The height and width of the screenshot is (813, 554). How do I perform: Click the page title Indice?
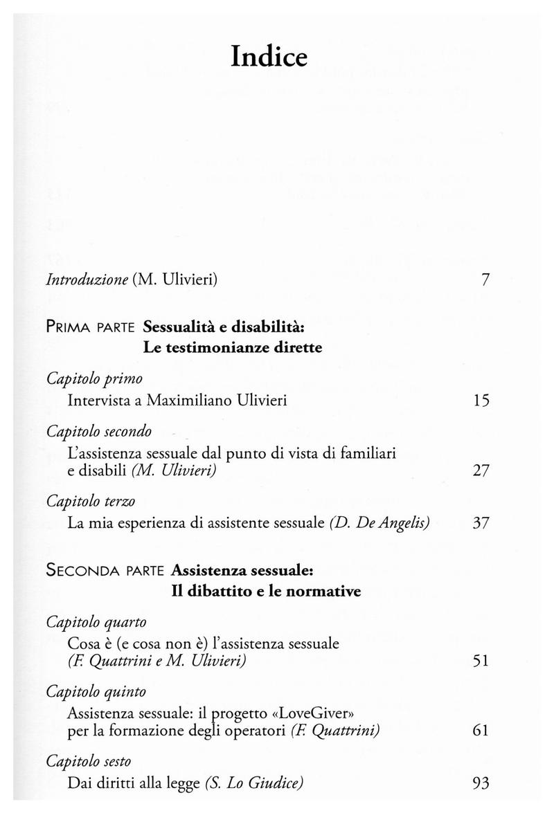pos(269,57)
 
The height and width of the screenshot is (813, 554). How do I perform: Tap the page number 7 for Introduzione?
pos(485,280)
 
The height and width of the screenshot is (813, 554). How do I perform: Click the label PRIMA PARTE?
pos(91,325)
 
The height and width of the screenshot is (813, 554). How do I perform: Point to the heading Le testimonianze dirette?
pos(233,347)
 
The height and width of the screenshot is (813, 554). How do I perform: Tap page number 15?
pos(481,400)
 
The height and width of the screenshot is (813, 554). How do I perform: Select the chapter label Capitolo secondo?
pos(100,432)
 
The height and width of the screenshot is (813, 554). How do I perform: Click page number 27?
pos(481,471)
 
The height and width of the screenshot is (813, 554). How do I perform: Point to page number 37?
pos(481,524)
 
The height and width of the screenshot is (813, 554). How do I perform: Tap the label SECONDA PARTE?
pos(104,571)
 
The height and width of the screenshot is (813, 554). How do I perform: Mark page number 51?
pos(481,661)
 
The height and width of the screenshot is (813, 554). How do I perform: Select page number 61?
pos(481,731)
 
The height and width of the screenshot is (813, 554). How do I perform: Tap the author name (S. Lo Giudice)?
pos(256,783)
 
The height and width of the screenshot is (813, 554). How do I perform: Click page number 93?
pos(481,783)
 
